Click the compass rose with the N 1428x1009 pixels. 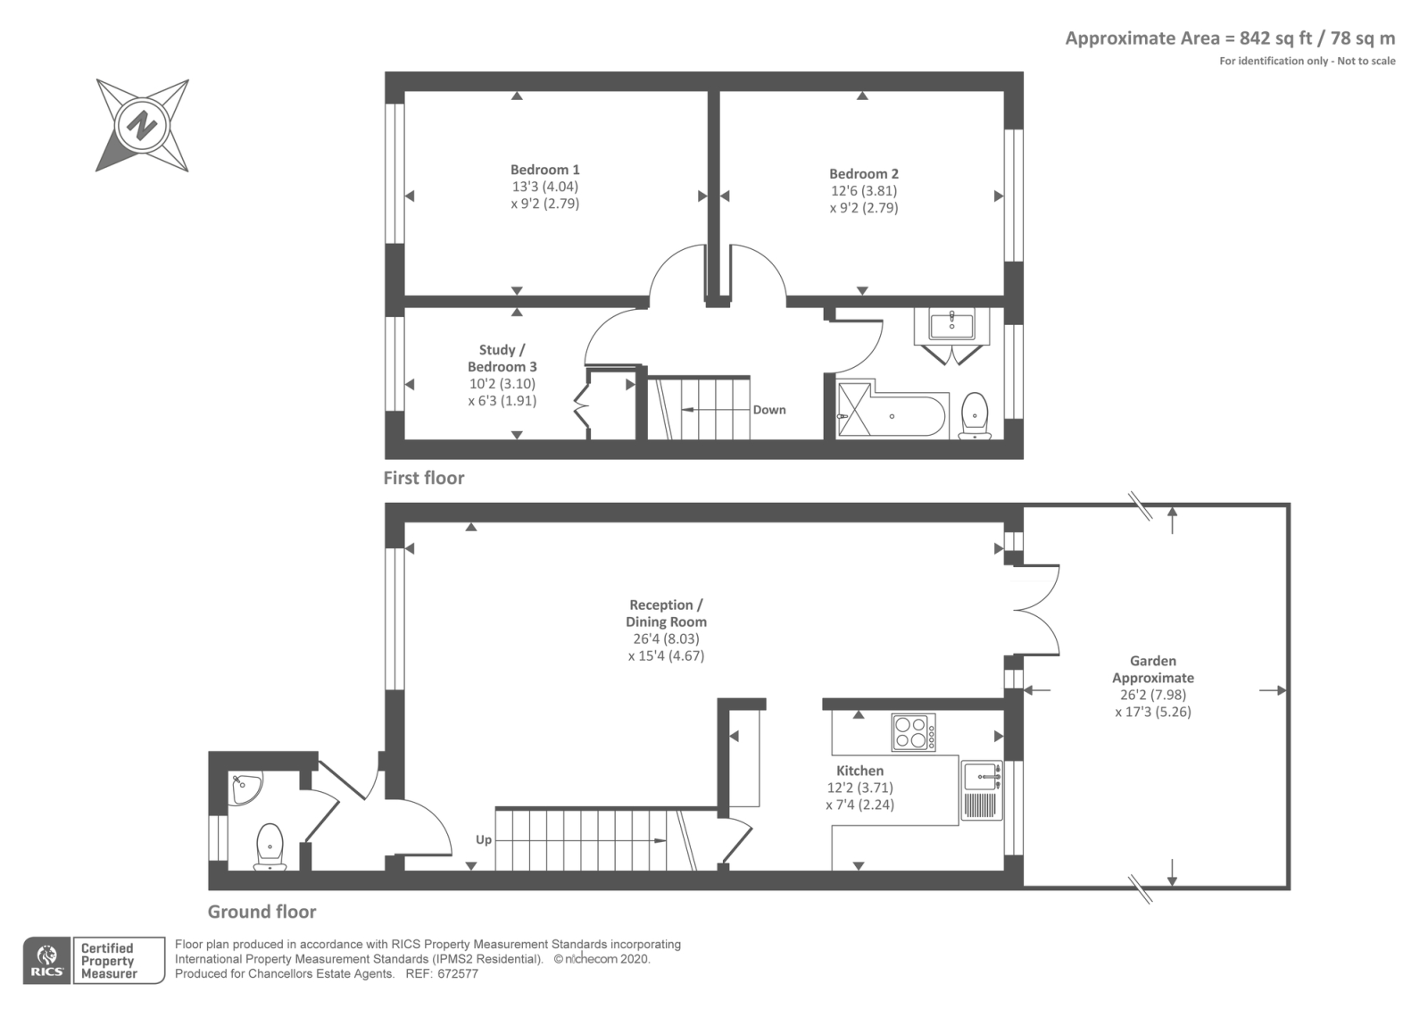[x=142, y=125]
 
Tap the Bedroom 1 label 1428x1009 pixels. [x=544, y=170]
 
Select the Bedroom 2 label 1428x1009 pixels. [x=863, y=174]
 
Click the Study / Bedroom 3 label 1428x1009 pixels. [x=502, y=358]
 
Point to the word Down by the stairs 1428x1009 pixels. [x=768, y=410]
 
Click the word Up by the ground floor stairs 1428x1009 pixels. [x=483, y=839]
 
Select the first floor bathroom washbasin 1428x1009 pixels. [x=952, y=324]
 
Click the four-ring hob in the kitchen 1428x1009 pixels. [x=913, y=732]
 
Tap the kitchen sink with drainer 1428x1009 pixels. [x=982, y=790]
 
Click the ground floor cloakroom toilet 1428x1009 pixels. [x=270, y=846]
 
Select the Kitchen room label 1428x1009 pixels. [x=859, y=771]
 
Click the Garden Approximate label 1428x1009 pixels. [x=1152, y=670]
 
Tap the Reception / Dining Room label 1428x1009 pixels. [x=666, y=613]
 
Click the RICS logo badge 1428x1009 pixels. [x=46, y=961]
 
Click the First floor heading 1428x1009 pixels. [x=424, y=478]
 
